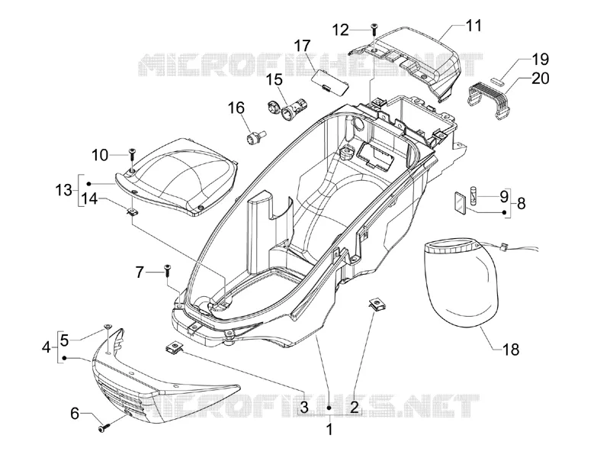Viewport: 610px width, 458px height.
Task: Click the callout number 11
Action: pos(473,26)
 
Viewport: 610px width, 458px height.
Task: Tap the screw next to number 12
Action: pos(374,31)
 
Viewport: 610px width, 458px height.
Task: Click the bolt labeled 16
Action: pos(256,138)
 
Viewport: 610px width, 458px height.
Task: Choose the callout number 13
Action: pos(63,190)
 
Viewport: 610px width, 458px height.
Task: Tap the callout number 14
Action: pos(89,199)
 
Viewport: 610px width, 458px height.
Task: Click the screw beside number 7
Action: pos(167,269)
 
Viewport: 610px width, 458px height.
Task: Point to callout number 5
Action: pos(65,340)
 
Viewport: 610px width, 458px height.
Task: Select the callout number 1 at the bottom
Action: pos(329,430)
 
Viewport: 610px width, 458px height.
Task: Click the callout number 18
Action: pos(511,350)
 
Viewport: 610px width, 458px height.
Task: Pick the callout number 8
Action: pos(522,203)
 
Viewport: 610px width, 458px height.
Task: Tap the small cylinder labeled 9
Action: pos(474,195)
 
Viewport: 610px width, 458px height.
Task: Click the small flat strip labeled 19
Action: pos(496,80)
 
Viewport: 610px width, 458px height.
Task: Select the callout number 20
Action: pos(541,79)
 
